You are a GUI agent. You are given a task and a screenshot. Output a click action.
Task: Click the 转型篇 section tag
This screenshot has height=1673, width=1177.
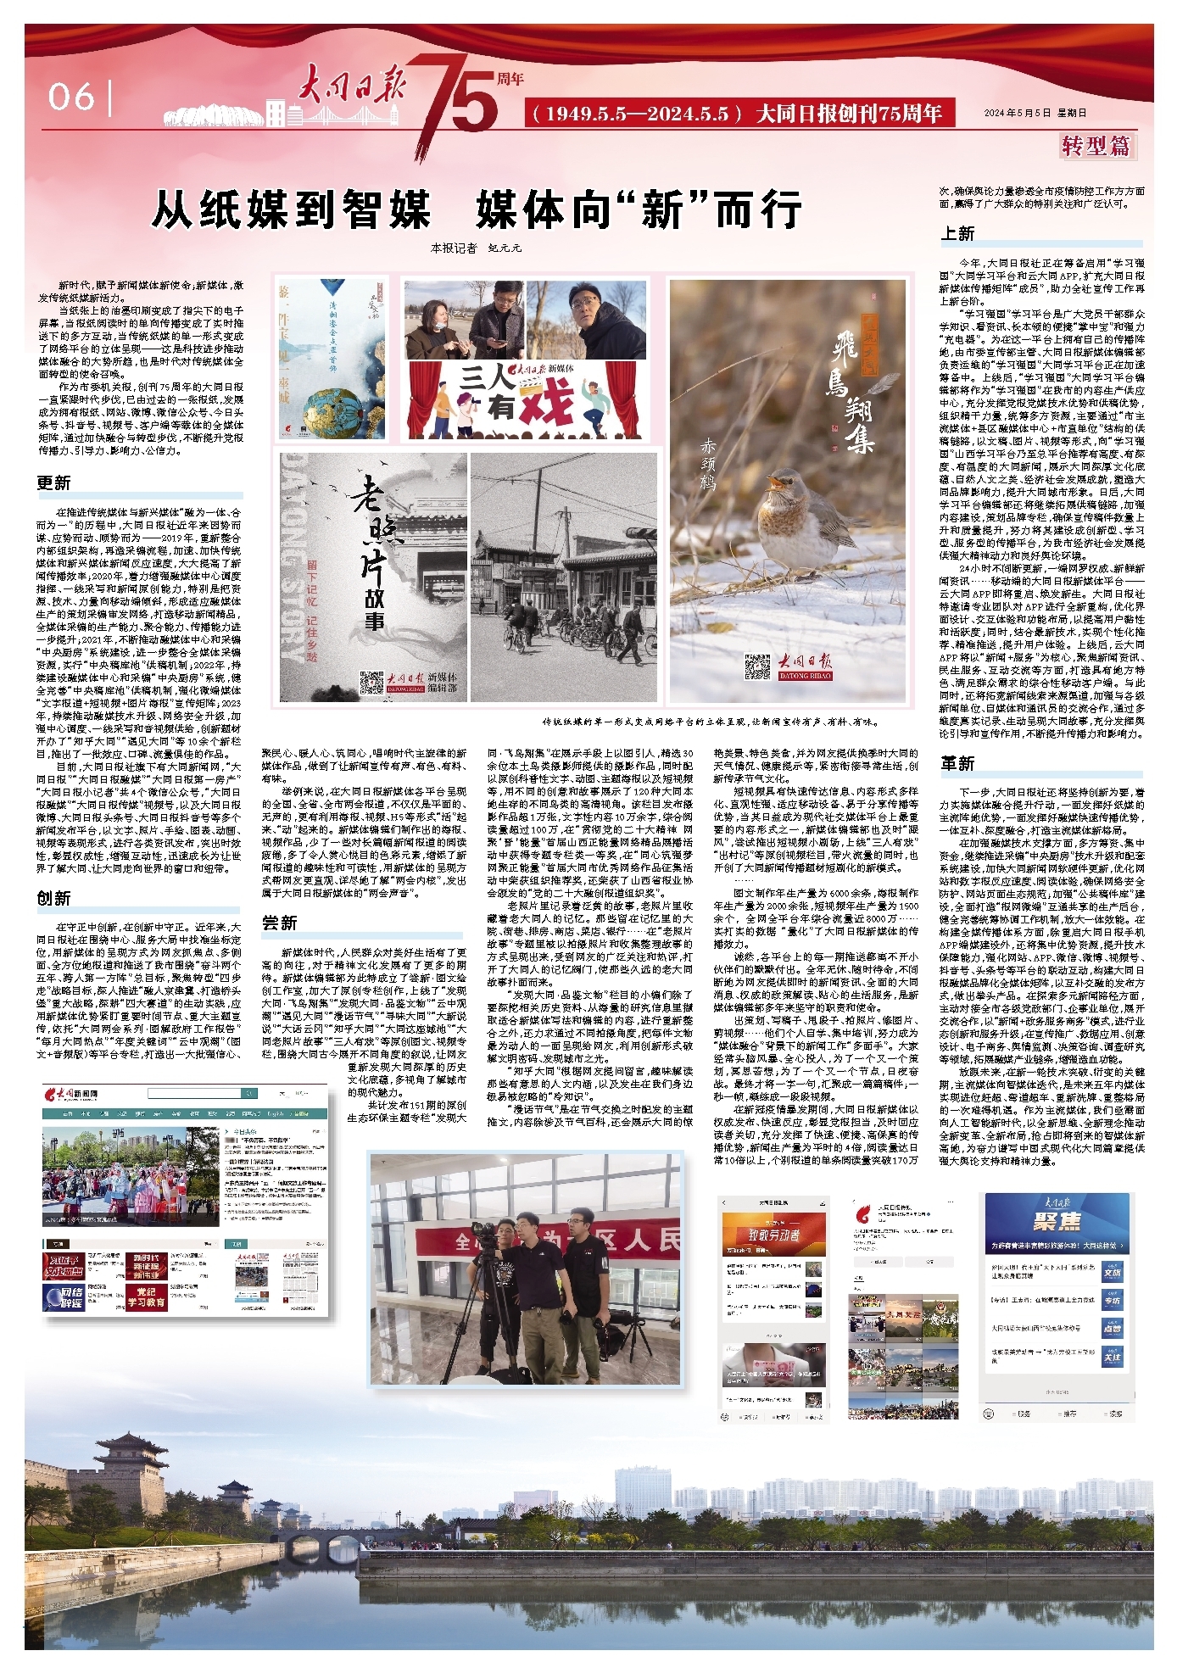pos(1096,146)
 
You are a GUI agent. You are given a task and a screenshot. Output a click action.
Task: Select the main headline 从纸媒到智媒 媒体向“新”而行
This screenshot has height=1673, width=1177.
pos(477,209)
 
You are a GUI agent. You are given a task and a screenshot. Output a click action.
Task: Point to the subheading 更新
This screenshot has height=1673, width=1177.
pos(53,483)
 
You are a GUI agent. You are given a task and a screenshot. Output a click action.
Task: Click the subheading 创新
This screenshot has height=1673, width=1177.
pos(53,898)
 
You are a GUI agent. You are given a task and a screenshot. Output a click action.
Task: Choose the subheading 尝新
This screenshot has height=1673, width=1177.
pos(279,923)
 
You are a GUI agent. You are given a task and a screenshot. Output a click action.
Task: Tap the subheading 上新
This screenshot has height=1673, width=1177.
pos(957,233)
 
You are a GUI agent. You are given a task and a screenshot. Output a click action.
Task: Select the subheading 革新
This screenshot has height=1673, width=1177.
pos(957,762)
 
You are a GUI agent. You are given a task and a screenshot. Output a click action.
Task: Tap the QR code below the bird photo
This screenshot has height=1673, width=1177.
pos(757,666)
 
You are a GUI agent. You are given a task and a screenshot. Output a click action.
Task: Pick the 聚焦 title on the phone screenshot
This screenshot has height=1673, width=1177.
pos(1057,1221)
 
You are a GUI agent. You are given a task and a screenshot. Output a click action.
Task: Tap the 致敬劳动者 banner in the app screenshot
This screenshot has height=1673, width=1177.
pos(773,1235)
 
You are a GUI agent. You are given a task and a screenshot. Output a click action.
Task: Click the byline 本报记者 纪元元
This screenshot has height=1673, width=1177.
pos(476,248)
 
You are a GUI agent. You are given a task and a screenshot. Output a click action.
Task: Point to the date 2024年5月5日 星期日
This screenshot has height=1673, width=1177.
pos(1035,113)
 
